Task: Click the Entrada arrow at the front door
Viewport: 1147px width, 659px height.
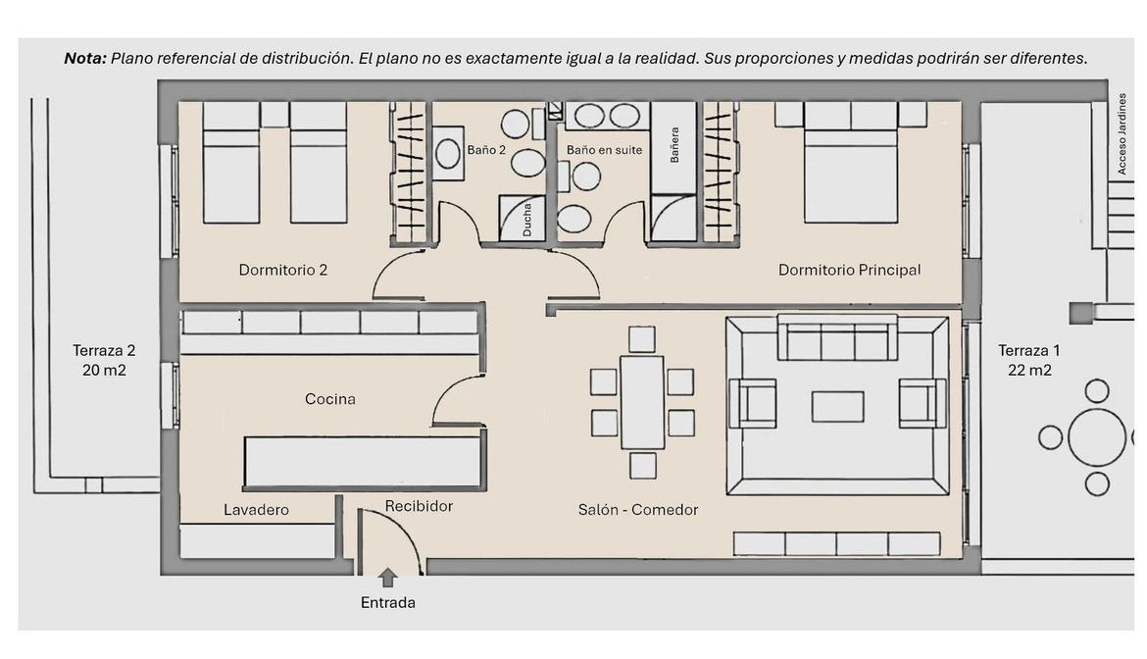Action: pos(387,578)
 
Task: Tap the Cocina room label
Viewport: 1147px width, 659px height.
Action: pos(330,399)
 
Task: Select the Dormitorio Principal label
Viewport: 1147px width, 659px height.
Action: pos(849,270)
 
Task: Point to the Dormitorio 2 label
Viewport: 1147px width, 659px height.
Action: pos(283,270)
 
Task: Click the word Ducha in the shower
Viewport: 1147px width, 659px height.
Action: pos(527,220)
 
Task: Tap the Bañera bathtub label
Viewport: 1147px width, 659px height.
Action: pos(674,145)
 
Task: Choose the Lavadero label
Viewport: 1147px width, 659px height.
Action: pos(256,510)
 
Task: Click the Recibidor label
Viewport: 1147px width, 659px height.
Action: pos(420,506)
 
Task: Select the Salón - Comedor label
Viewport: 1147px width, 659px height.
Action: pos(638,510)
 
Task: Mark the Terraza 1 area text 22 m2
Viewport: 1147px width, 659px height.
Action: pos(1029,370)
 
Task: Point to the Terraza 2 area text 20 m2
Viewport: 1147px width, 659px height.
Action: pos(104,370)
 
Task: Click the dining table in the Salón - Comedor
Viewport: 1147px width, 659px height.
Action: pos(642,402)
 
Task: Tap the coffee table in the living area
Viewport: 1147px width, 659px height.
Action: pos(837,407)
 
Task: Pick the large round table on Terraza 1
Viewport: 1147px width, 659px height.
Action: pos(1097,437)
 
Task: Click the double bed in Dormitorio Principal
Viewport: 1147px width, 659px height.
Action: pos(851,163)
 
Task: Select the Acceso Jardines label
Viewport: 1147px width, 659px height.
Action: pos(1122,133)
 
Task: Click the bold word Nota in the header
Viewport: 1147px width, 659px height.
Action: pos(85,59)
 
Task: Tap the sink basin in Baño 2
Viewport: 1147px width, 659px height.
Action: pos(448,154)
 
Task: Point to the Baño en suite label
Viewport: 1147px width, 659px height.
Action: pos(604,150)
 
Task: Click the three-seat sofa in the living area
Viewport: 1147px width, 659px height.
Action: pos(837,338)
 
